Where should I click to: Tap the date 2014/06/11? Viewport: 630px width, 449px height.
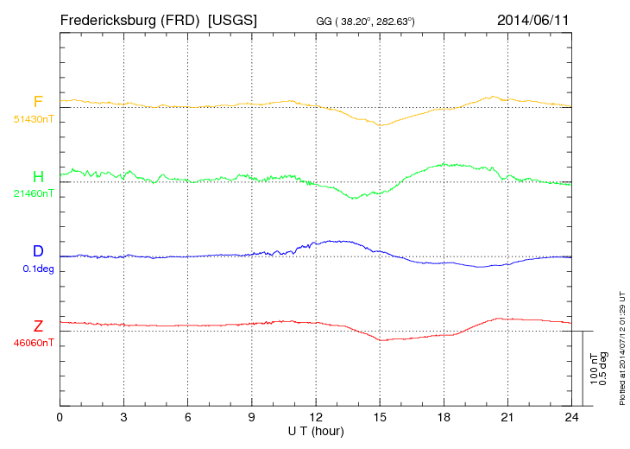(x=532, y=19)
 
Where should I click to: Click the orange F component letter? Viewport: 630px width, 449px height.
(x=38, y=102)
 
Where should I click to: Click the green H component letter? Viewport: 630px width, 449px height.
(x=38, y=177)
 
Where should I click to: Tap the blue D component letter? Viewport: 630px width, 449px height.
(x=38, y=251)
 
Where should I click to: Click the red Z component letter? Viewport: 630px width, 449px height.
(x=38, y=326)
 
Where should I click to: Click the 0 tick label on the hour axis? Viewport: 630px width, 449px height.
(x=60, y=417)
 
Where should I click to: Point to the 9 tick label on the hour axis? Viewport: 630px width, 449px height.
(x=252, y=417)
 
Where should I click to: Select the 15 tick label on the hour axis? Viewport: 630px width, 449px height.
(x=380, y=417)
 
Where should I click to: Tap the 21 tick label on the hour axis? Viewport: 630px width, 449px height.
(x=507, y=417)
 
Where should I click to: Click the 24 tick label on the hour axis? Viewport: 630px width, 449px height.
(x=571, y=417)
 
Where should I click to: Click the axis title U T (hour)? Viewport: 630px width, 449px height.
(x=316, y=429)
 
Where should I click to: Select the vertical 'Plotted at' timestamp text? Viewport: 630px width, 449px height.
(x=621, y=351)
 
